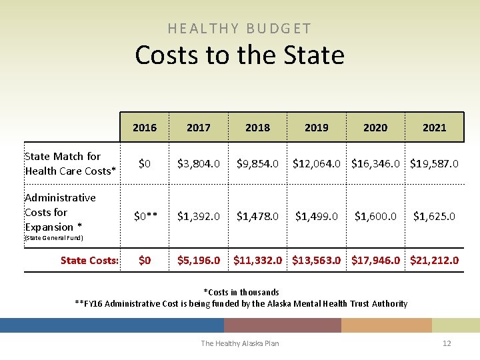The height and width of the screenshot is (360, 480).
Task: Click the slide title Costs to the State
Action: tap(239, 55)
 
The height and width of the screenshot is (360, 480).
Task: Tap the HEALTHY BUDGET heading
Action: tap(239, 29)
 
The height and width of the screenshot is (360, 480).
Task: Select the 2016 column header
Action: tap(145, 127)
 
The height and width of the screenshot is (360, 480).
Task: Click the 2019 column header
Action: tap(316, 127)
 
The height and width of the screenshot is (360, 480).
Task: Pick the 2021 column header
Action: tap(434, 127)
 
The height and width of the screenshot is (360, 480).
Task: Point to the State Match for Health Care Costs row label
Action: tap(70, 163)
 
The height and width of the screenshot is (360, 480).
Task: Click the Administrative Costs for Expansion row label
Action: tap(60, 212)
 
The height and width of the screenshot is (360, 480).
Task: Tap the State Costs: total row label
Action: tap(89, 260)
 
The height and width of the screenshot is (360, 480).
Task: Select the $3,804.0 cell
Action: tap(199, 163)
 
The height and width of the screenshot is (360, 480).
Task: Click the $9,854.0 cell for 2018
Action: tap(257, 163)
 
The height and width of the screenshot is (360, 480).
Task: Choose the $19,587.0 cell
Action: tap(434, 163)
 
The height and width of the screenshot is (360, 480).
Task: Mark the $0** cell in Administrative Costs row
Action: tap(145, 216)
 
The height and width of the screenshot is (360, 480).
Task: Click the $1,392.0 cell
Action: tap(199, 216)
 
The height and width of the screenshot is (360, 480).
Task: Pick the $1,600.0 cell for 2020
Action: tap(375, 216)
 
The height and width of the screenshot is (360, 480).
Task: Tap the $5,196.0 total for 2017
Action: tap(199, 260)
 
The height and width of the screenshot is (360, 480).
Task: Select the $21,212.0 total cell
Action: tap(434, 260)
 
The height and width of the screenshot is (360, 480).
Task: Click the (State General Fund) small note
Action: tap(53, 238)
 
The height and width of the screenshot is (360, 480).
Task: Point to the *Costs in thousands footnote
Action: tap(241, 292)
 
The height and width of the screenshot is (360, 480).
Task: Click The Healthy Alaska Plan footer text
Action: tap(240, 343)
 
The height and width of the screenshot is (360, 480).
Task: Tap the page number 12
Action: tap(447, 343)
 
